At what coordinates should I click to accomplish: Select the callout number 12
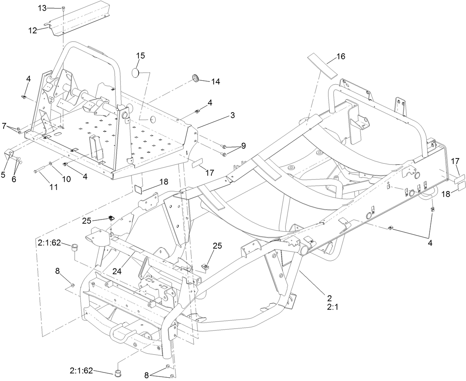[33, 30]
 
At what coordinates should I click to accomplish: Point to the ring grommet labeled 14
[196, 78]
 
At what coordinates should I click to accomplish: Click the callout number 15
[140, 56]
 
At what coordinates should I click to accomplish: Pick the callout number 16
[340, 56]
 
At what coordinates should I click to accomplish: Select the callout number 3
[232, 115]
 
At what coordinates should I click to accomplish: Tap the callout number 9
[243, 146]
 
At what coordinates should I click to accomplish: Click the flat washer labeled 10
[50, 163]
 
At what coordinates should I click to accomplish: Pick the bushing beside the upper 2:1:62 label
[75, 247]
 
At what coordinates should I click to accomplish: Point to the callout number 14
[216, 81]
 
